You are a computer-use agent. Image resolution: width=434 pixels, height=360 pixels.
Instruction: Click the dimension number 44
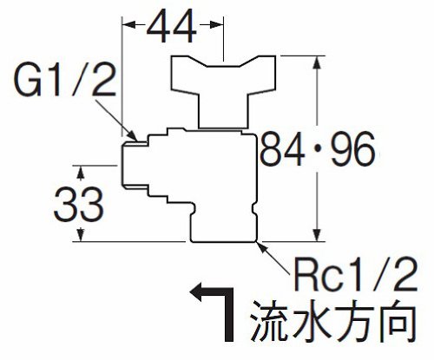coord(172,25)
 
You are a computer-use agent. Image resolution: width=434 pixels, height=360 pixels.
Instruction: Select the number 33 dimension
coord(78,204)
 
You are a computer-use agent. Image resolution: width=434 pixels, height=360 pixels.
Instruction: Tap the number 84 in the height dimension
coord(282,149)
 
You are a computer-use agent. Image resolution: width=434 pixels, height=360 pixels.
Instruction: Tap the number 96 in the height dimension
coord(353,149)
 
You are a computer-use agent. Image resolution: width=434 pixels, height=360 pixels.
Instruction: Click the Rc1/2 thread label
coord(355,274)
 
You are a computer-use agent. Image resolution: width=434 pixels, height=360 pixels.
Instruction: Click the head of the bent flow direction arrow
coord(197,292)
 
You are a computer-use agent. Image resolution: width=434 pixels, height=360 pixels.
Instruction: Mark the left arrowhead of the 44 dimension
coord(129,25)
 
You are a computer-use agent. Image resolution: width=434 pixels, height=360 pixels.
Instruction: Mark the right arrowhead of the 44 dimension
coord(217,25)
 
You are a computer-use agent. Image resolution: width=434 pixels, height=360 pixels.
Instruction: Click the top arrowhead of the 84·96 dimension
coord(318,62)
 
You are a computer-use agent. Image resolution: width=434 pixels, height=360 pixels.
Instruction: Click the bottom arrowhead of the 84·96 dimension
coord(318,234)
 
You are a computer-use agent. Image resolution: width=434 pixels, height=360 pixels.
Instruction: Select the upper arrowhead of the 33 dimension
coord(81,173)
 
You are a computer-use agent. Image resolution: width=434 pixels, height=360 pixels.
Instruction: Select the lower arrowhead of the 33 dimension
coord(81,234)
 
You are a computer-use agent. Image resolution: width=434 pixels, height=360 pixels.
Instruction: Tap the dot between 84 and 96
coord(318,150)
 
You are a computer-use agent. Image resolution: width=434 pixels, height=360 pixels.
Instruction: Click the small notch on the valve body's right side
coord(253,209)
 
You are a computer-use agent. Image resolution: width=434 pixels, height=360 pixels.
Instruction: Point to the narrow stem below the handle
coord(223,111)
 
